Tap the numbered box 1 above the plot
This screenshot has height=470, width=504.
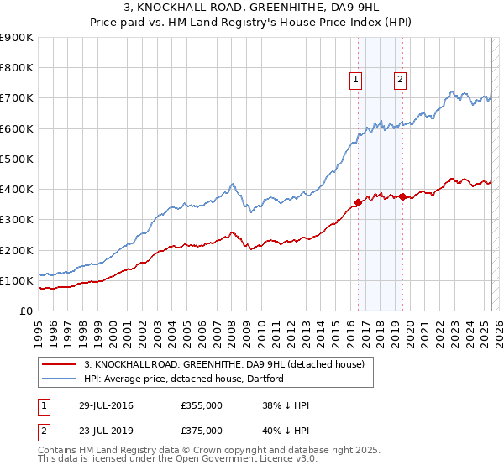(356, 80)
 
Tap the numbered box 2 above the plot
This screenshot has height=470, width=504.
(400, 80)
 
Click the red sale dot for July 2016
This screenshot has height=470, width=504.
(359, 201)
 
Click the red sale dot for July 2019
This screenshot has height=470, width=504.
(403, 196)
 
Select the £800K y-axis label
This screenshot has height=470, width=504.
(18, 68)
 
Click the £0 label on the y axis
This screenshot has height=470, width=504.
(26, 311)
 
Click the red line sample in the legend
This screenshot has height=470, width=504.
(59, 364)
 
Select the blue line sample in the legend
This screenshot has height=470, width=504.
(59, 379)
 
